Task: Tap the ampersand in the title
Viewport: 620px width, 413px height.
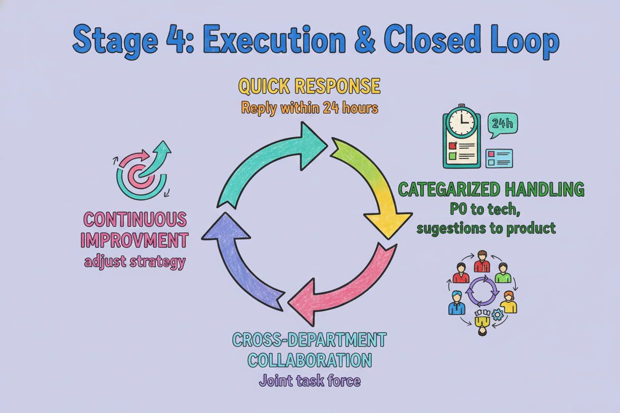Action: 364,39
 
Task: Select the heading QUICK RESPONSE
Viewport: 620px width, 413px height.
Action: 309,86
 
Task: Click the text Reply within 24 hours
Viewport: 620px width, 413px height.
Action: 310,108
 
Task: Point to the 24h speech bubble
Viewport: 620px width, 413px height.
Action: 502,125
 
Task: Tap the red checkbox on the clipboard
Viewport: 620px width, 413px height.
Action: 452,146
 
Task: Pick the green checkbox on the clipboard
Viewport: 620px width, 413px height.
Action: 452,156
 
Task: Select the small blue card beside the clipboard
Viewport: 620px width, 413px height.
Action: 499,158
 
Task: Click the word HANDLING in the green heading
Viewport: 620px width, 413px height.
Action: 544,189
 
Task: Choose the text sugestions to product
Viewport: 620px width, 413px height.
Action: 486,229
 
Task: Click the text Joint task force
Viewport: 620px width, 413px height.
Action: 310,381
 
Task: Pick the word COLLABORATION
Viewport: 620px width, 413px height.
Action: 310,360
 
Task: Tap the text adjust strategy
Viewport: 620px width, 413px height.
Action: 135,262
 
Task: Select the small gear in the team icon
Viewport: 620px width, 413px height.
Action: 498,314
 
